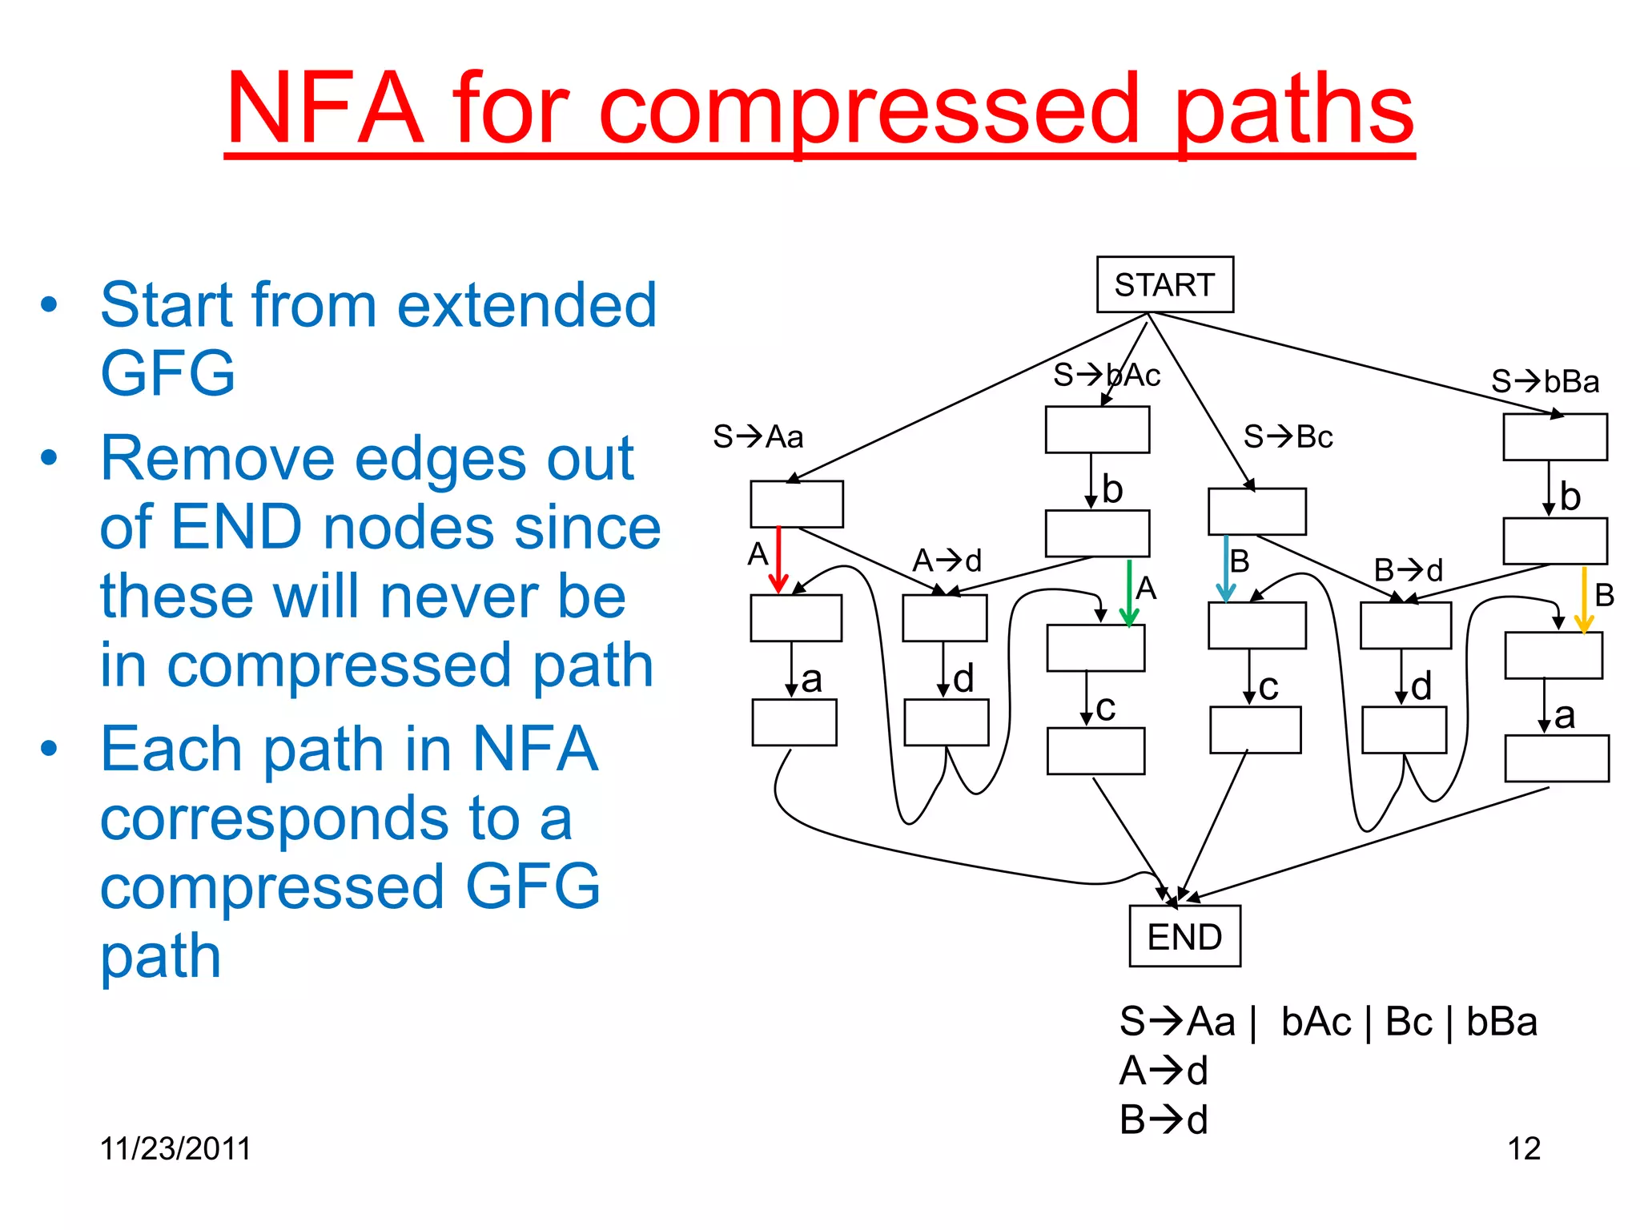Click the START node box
[1164, 284]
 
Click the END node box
[1184, 936]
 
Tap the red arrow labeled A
[778, 559]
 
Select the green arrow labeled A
[1129, 593]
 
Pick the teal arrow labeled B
[1225, 568]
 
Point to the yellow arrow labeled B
[1583, 599]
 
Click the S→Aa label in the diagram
[758, 436]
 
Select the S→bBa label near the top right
[1545, 381]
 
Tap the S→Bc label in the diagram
[1288, 436]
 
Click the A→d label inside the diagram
[947, 561]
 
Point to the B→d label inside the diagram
[1408, 570]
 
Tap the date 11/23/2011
[175, 1148]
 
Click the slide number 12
[1524, 1149]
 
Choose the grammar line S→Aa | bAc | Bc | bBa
[1328, 1022]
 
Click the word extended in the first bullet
[526, 305]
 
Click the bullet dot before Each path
[50, 748]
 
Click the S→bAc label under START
[1107, 375]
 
